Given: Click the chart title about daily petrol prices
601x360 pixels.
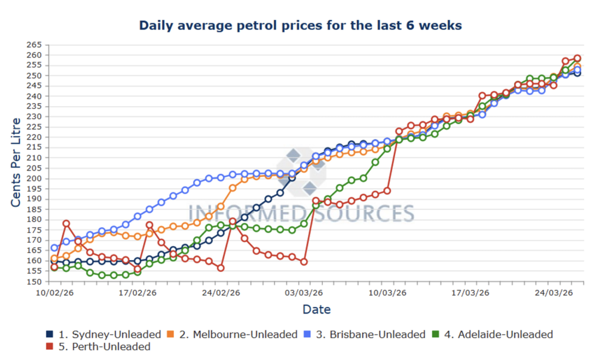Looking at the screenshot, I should point(300,26).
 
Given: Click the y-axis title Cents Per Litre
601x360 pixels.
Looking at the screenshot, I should point(16,162).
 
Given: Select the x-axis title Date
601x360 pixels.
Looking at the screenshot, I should point(316,309).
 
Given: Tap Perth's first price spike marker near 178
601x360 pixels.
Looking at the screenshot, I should point(66,224).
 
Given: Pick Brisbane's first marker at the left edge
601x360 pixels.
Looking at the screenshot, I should point(55,248).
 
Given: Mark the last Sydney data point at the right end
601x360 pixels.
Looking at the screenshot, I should point(578,73).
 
